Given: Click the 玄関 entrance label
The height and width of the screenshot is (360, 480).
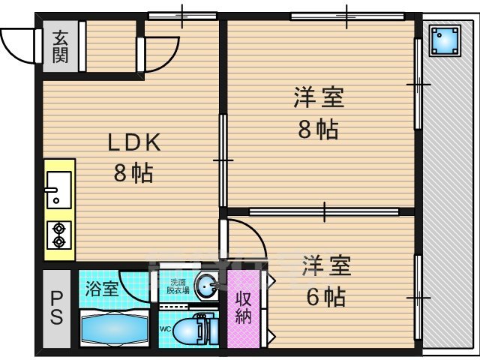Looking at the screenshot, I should point(60,46).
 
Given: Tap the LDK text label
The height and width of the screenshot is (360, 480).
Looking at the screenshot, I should point(134,143).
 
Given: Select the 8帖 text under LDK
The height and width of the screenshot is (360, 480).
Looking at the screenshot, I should point(133,174).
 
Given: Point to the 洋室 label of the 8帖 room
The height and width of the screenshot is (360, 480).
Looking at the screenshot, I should point(318,98).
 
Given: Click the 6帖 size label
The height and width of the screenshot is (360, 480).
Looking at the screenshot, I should point(325,297).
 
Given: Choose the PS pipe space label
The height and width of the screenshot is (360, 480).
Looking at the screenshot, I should point(57,307).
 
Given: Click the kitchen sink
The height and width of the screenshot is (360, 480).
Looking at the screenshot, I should point(58,189).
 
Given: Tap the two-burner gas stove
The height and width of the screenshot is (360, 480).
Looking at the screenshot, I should point(58,235).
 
